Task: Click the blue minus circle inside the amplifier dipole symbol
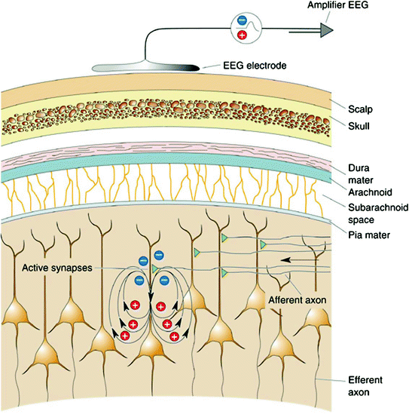(241, 22)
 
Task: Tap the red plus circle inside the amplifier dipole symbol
(241, 35)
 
